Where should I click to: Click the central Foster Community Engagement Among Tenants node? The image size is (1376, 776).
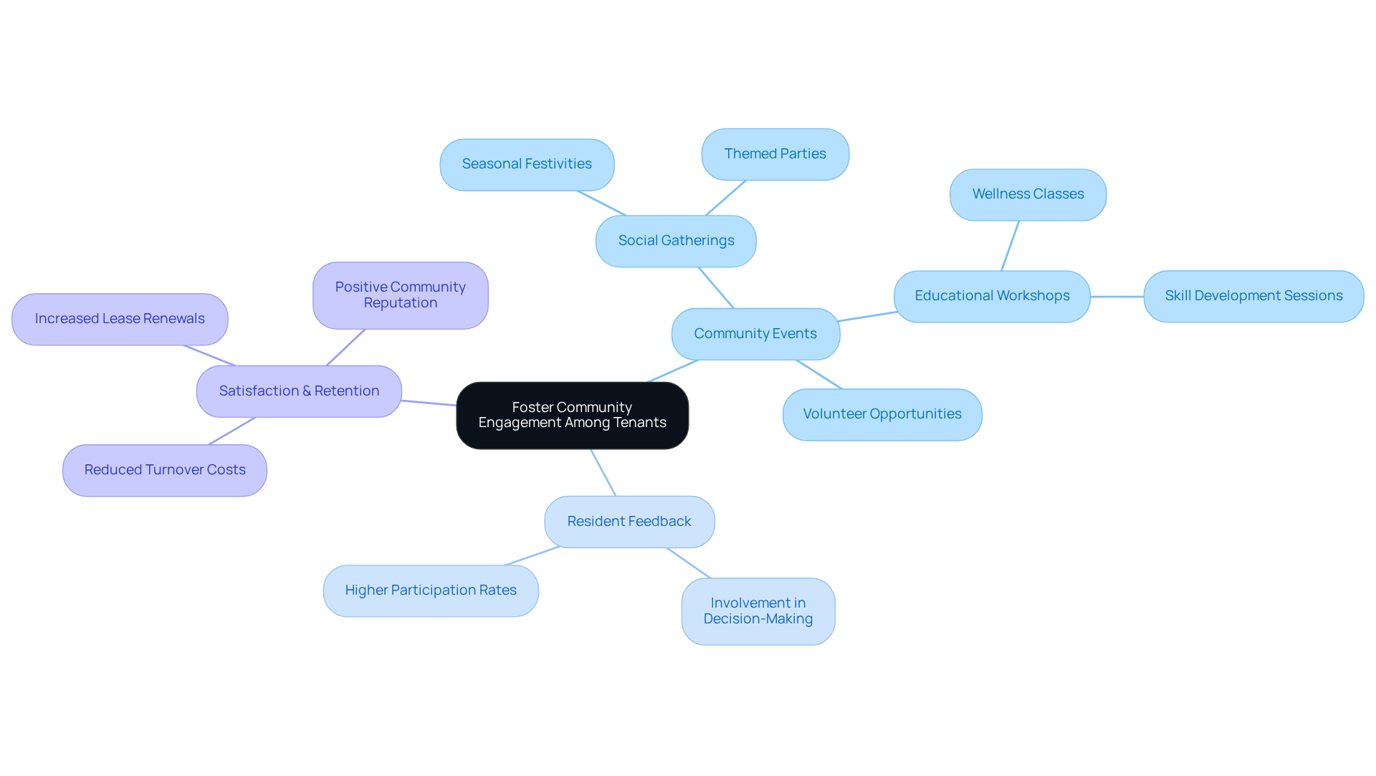[x=572, y=416]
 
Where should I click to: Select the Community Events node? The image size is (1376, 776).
[x=755, y=334]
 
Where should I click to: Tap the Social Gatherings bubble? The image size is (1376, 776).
[x=676, y=241]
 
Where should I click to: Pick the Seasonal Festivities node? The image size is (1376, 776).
[x=527, y=165]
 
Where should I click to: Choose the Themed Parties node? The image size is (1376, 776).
[x=775, y=154]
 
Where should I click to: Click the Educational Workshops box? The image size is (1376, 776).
[x=992, y=296]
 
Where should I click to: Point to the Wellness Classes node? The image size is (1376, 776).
[x=1028, y=195]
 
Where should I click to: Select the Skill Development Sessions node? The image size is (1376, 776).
[x=1253, y=296]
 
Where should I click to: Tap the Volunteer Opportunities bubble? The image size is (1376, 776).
[x=882, y=414]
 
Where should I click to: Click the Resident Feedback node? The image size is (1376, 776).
[x=629, y=522]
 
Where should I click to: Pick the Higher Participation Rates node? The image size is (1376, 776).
[x=431, y=590]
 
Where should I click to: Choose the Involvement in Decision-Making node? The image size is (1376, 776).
[x=758, y=611]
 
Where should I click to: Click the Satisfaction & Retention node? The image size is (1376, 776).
[x=299, y=391]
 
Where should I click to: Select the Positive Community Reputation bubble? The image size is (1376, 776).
[x=401, y=295]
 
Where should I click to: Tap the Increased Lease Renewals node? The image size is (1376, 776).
[x=120, y=319]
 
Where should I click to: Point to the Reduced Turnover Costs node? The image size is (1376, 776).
[x=165, y=470]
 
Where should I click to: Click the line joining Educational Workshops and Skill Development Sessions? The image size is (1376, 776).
[x=1117, y=297]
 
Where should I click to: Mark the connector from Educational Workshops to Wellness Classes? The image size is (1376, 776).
[x=1010, y=246]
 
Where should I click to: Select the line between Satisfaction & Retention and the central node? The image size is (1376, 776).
[x=429, y=403]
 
